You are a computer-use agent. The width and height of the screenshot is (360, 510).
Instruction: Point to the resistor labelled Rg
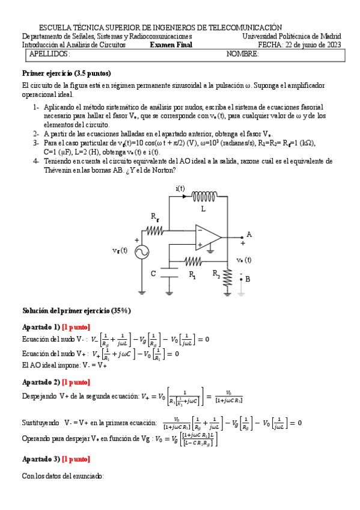pyautogui.click(x=154, y=229)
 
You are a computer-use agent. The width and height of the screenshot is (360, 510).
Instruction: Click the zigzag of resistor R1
pyautogui.click(x=193, y=261)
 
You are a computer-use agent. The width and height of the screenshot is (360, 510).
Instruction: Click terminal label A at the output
pyautogui.click(x=249, y=234)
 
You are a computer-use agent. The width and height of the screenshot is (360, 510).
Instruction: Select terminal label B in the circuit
pyautogui.click(x=247, y=279)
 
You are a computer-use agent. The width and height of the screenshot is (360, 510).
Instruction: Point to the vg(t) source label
pyautogui.click(x=120, y=251)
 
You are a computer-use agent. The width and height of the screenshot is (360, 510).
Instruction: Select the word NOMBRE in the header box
pyautogui.click(x=242, y=54)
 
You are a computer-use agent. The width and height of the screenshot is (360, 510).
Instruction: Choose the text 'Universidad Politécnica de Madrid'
pyautogui.click(x=291, y=36)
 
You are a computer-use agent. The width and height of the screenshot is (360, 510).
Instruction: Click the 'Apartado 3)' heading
pyautogui.click(x=41, y=459)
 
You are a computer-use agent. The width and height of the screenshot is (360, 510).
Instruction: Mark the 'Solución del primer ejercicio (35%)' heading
pyautogui.click(x=76, y=310)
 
